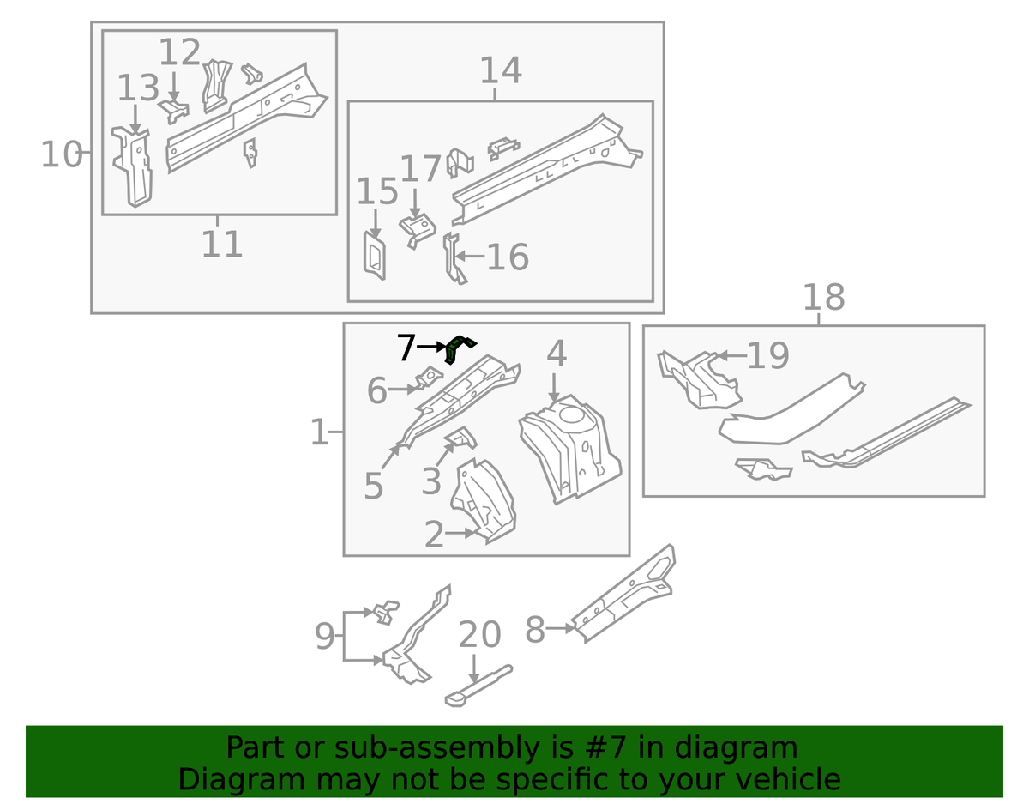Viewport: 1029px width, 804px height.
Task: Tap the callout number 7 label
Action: coord(406,348)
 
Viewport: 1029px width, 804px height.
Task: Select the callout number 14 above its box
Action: coord(501,70)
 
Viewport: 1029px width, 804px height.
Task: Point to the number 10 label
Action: coord(61,154)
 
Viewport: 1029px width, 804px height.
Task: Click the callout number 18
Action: coord(823,297)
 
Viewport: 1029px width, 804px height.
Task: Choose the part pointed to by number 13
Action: coord(133,166)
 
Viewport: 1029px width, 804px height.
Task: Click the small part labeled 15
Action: coord(374,255)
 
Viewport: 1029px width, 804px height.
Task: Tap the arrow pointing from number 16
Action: coord(470,256)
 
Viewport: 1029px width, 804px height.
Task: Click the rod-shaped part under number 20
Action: coord(478,686)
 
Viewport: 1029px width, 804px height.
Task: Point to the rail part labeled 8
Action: coord(623,594)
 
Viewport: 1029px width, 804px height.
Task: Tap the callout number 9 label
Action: coord(325,637)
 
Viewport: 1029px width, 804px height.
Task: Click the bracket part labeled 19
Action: coord(700,380)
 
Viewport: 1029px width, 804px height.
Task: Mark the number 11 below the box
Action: coord(222,244)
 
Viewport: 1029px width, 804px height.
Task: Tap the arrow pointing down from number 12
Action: coord(174,87)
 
